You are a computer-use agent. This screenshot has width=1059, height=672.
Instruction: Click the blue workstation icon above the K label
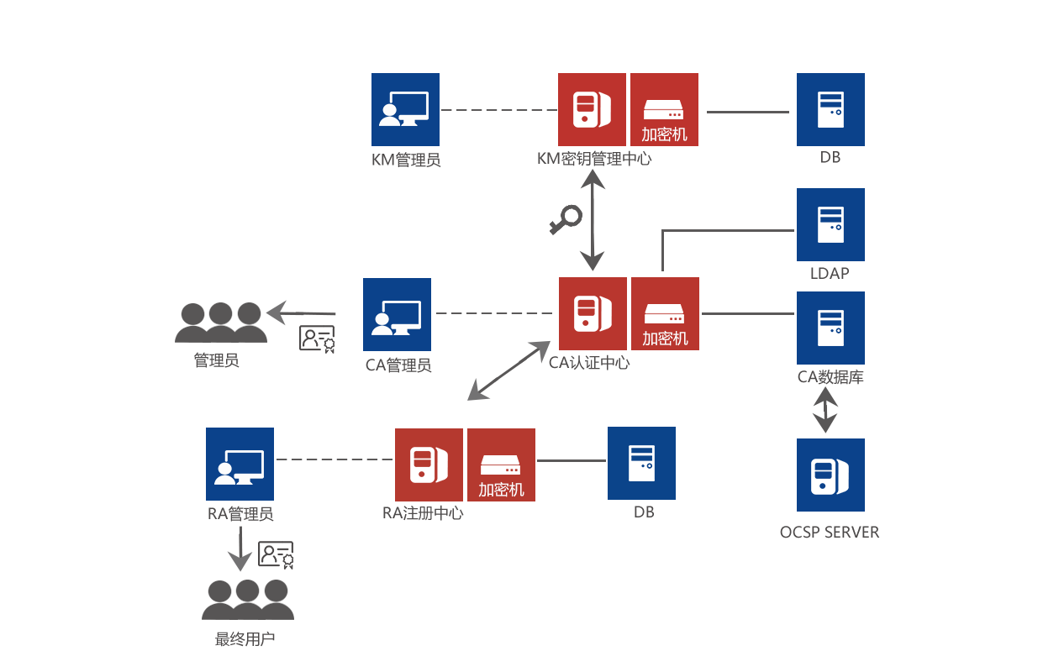pyautogui.click(x=405, y=109)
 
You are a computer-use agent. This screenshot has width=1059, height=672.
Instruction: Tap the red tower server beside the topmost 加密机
pyautogui.click(x=592, y=109)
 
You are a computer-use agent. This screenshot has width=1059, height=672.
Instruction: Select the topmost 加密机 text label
pyautogui.click(x=664, y=134)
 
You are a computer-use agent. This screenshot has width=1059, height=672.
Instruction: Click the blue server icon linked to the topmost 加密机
pyautogui.click(x=830, y=109)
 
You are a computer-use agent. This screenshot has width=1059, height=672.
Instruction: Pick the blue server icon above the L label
pyautogui.click(x=830, y=223)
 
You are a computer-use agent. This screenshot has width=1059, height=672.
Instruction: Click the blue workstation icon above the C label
pyautogui.click(x=397, y=314)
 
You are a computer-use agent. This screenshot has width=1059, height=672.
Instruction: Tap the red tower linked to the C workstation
pyautogui.click(x=593, y=313)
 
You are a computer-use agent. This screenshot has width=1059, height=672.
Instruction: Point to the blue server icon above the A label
pyautogui.click(x=830, y=327)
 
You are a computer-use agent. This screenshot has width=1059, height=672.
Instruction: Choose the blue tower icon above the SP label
pyautogui.click(x=830, y=475)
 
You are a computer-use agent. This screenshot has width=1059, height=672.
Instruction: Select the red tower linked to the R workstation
pyautogui.click(x=429, y=465)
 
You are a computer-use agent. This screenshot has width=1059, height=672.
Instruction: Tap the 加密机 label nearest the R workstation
pyautogui.click(x=501, y=490)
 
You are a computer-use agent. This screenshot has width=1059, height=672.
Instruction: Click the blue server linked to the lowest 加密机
pyautogui.click(x=641, y=463)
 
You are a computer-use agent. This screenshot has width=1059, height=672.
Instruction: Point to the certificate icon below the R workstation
pyautogui.click(x=276, y=555)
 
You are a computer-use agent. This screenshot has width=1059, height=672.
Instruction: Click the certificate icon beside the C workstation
pyautogui.click(x=318, y=339)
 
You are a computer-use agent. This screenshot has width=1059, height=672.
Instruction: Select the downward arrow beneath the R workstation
pyautogui.click(x=240, y=548)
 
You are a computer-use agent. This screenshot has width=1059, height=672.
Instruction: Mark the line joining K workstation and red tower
pyautogui.click(x=498, y=110)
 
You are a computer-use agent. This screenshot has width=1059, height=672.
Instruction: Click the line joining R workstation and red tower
pyautogui.click(x=334, y=459)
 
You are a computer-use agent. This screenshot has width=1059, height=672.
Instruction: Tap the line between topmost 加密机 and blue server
pyautogui.click(x=747, y=111)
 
